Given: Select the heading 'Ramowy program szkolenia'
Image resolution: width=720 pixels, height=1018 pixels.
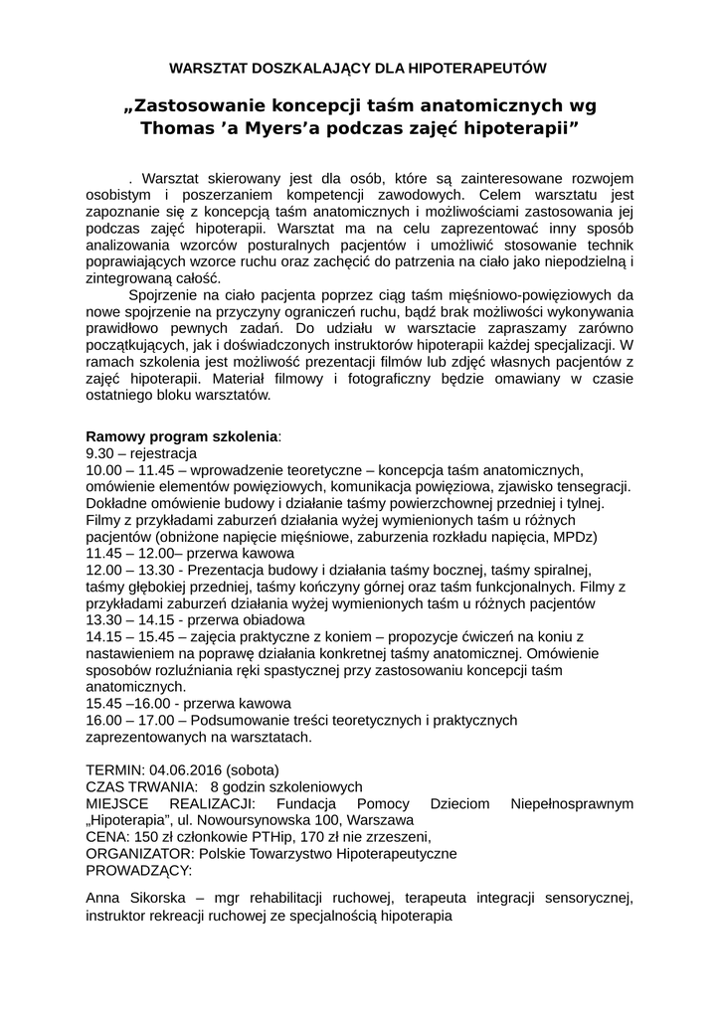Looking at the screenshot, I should (x=183, y=436).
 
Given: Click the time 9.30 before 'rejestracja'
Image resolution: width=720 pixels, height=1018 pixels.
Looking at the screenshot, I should (x=100, y=453).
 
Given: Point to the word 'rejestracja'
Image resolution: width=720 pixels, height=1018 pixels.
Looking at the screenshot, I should (x=161, y=453).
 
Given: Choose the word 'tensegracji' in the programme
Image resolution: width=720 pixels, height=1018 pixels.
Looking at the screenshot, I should (x=591, y=486).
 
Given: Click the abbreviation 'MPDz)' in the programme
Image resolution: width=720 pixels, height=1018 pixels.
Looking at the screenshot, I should (x=575, y=537).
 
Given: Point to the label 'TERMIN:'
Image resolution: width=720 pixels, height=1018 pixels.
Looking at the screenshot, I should (x=115, y=769).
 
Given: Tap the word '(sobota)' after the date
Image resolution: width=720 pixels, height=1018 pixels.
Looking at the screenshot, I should (x=253, y=769).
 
